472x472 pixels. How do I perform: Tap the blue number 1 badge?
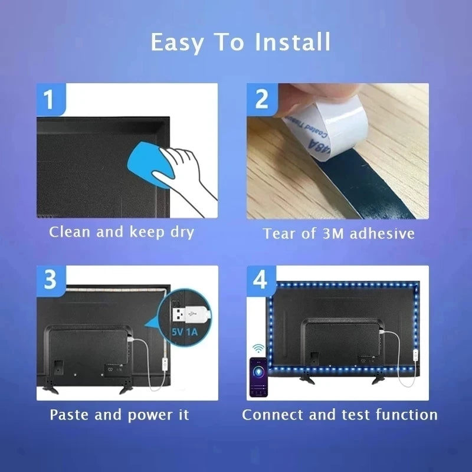[x=50, y=99]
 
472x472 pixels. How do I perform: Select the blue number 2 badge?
[x=261, y=99]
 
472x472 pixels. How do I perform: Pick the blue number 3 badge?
[x=50, y=280]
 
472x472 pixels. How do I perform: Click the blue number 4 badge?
[x=261, y=280]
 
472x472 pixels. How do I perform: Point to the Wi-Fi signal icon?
[x=258, y=348]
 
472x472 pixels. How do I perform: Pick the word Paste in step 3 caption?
[x=70, y=415]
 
